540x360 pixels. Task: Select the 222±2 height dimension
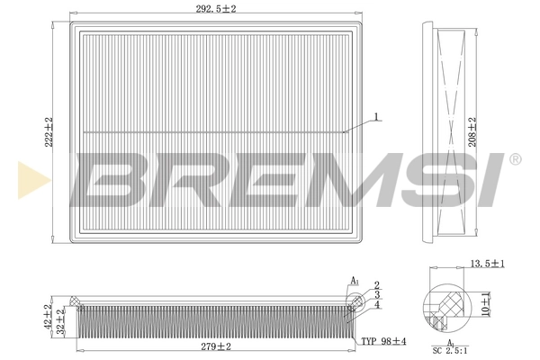[49, 130]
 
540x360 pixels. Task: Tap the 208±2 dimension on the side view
[472, 130]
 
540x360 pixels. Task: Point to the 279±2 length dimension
[216, 346]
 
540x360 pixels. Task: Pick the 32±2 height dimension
[61, 321]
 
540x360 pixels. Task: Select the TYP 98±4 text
[383, 342]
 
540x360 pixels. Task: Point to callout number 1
[377, 115]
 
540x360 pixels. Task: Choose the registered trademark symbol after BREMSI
[515, 159]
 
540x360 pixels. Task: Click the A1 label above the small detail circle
[355, 282]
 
